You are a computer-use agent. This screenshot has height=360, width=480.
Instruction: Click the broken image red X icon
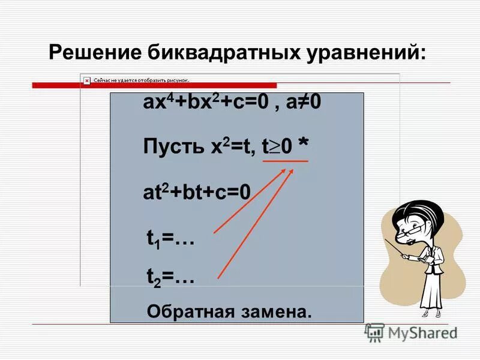click(86, 79)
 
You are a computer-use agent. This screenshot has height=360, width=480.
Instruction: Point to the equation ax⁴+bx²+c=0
click(197, 103)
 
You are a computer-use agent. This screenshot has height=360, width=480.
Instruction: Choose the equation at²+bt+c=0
click(196, 193)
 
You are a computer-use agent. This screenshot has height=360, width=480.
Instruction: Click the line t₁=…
click(170, 238)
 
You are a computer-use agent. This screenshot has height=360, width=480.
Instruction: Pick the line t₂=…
click(170, 277)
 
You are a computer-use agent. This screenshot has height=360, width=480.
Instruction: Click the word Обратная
click(191, 311)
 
